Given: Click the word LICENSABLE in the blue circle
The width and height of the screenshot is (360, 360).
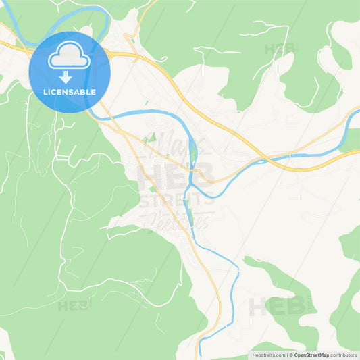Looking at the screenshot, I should pyautogui.click(x=70, y=92).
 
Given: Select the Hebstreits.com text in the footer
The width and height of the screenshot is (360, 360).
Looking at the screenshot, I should pyautogui.click(x=268, y=355).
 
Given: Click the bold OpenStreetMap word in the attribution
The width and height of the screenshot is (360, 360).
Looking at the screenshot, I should pyautogui.click(x=311, y=355).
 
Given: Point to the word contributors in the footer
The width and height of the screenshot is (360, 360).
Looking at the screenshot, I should pyautogui.click(x=344, y=355).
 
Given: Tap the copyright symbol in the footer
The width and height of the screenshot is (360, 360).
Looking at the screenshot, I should pyautogui.click(x=291, y=355).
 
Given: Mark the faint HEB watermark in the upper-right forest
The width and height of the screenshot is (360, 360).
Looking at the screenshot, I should pyautogui.click(x=280, y=49).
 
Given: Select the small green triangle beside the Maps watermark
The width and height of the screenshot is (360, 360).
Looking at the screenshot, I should pyautogui.click(x=153, y=138).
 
